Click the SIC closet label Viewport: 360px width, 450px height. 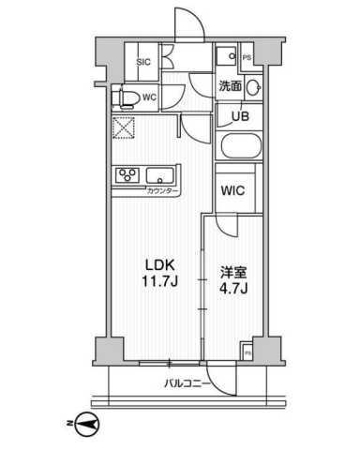point(143,62)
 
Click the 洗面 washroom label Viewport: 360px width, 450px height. point(230,85)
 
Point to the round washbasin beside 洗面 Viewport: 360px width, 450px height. point(253,87)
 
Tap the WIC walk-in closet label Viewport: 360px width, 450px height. point(232,189)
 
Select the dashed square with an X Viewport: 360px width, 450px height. point(123,129)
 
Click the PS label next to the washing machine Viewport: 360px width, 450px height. point(247,58)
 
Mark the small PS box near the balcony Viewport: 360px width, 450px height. point(247,352)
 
